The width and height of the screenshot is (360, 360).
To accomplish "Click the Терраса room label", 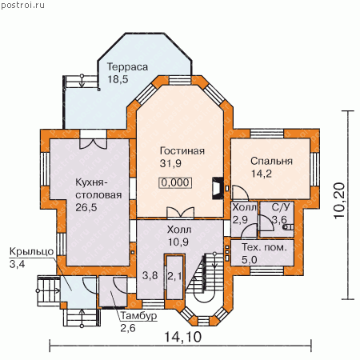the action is click(x=127, y=67).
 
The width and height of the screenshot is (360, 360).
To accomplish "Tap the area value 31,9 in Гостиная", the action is click(x=170, y=163).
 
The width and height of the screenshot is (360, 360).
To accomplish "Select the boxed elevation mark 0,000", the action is click(x=175, y=182).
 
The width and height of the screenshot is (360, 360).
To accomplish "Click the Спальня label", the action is click(x=271, y=161).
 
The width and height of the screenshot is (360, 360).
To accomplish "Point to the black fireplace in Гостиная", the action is click(x=218, y=188).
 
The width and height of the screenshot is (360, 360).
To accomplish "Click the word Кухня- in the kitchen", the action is click(x=91, y=182).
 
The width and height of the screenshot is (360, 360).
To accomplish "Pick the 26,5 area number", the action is click(x=86, y=207).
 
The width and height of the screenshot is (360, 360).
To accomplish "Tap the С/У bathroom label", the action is click(x=281, y=207).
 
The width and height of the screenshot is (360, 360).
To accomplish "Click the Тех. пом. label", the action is click(x=264, y=247).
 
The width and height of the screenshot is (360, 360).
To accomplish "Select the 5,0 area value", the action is click(x=250, y=259).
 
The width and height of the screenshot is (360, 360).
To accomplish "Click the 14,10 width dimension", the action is click(x=182, y=337).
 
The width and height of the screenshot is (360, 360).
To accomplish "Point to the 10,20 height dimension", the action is click(x=339, y=201).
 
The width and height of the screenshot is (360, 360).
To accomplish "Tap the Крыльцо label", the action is click(x=31, y=251).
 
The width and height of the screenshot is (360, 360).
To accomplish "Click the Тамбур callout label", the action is click(x=138, y=316).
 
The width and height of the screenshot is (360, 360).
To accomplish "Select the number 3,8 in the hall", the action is click(x=150, y=275).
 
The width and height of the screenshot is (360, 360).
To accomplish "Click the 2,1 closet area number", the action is click(x=174, y=276).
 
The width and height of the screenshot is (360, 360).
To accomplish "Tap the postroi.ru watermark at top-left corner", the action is click(x=22, y=5).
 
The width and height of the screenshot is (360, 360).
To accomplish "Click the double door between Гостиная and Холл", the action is click(x=180, y=213).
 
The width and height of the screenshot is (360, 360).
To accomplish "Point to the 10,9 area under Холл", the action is click(x=178, y=242).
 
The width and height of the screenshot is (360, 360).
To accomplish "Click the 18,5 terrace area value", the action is click(x=118, y=79).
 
